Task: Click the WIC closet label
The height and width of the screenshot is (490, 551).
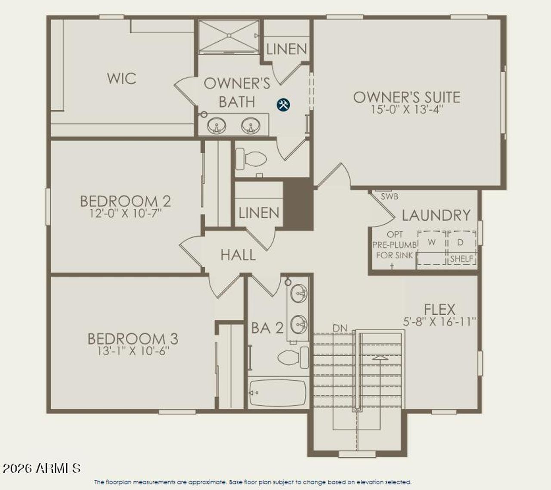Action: click(121, 78)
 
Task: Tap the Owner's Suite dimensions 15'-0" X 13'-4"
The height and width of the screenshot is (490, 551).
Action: click(407, 109)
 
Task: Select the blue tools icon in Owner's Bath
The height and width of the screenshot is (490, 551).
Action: click(283, 104)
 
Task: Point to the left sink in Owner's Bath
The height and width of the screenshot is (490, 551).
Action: click(217, 127)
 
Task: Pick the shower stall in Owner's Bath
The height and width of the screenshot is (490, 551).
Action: click(228, 36)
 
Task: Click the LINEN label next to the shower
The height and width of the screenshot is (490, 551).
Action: click(286, 49)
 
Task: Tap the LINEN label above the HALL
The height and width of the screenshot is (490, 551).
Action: click(259, 213)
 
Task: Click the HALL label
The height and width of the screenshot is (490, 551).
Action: click(238, 255)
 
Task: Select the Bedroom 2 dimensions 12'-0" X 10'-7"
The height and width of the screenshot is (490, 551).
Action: click(125, 213)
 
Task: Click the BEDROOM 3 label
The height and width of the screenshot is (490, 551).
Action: click(133, 339)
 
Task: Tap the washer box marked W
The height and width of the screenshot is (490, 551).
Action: click(432, 243)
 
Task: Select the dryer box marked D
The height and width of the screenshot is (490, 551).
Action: click(461, 243)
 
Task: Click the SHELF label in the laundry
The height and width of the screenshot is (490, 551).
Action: click(461, 259)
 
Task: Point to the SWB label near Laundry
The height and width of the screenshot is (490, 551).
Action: click(390, 197)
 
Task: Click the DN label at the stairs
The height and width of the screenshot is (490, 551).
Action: click(340, 328)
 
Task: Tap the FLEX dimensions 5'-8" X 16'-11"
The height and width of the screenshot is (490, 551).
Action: click(439, 321)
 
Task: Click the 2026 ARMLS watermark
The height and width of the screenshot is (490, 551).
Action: click(41, 468)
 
